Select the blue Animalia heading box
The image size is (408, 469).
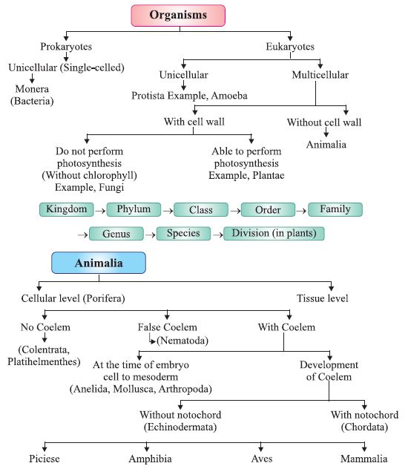(x=98, y=263)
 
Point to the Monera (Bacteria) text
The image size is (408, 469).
(x=30, y=94)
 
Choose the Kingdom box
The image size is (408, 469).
(x=68, y=209)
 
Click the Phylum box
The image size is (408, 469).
(x=134, y=209)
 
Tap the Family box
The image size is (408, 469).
(x=335, y=209)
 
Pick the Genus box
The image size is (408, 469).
(x=116, y=234)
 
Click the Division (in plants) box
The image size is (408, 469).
(x=274, y=234)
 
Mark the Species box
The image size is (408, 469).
(x=183, y=234)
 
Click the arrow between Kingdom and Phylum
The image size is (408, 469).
(x=102, y=210)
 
